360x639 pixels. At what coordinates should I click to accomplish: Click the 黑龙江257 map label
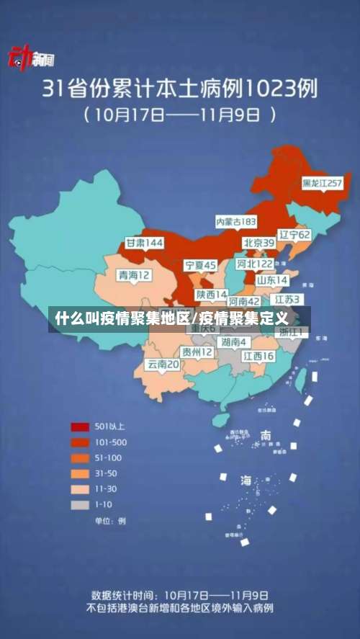click(x=321, y=184)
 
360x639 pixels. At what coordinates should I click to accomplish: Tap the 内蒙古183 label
click(x=236, y=221)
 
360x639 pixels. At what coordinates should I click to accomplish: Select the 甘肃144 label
click(x=144, y=243)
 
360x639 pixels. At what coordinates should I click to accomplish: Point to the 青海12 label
click(x=135, y=274)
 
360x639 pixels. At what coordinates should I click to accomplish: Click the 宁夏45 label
click(x=200, y=266)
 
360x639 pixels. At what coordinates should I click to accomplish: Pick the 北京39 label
click(x=258, y=243)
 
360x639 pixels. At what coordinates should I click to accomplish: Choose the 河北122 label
click(x=256, y=264)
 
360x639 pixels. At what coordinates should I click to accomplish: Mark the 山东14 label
click(x=272, y=280)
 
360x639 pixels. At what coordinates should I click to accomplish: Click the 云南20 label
click(x=163, y=365)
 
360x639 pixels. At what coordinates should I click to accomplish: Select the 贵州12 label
click(x=197, y=352)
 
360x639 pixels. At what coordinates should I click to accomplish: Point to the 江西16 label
click(x=258, y=356)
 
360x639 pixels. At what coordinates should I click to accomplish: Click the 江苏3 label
click(x=287, y=298)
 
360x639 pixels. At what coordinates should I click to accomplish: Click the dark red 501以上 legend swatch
click(x=80, y=425)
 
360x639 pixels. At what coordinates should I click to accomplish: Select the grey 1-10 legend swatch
click(x=80, y=504)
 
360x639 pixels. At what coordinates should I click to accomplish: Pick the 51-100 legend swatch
click(x=80, y=457)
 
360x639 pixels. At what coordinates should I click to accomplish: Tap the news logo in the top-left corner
click(x=30, y=58)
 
